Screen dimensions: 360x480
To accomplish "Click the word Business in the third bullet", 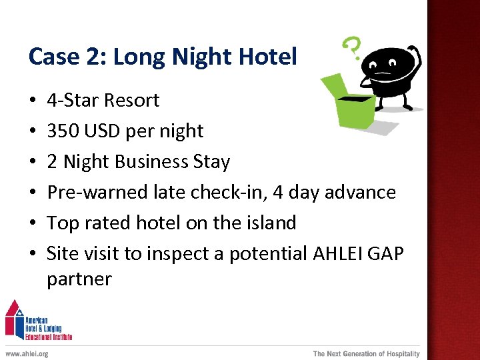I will coord(153,161).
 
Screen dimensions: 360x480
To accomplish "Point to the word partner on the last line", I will coord(79,279).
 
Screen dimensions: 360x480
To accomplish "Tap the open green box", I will coord(350,103).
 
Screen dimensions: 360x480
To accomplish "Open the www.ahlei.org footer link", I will coord(27,353).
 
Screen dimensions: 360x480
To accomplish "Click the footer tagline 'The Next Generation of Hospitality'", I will coord(366,353).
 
